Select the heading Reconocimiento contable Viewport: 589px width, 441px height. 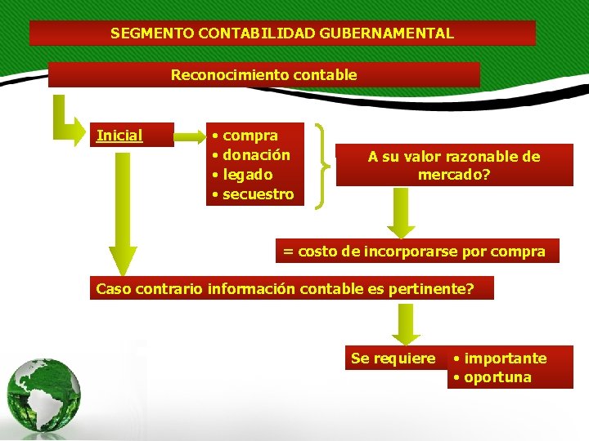(x=263, y=75)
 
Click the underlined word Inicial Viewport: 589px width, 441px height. (x=119, y=136)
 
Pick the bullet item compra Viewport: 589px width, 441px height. (x=250, y=136)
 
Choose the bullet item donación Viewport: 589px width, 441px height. (x=256, y=155)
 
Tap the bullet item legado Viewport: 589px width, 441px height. (x=248, y=175)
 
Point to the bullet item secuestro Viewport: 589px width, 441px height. (x=258, y=194)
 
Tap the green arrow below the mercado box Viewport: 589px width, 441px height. (x=401, y=214)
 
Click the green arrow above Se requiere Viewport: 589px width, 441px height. (x=405, y=324)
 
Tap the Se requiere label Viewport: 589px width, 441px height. (x=393, y=359)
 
